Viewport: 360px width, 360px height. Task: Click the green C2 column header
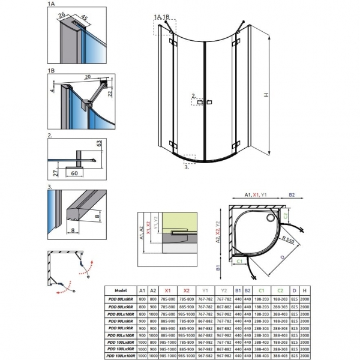280,289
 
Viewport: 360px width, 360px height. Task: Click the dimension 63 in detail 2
99,145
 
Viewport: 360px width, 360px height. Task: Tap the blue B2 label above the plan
292,194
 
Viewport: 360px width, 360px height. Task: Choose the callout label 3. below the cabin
187,168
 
